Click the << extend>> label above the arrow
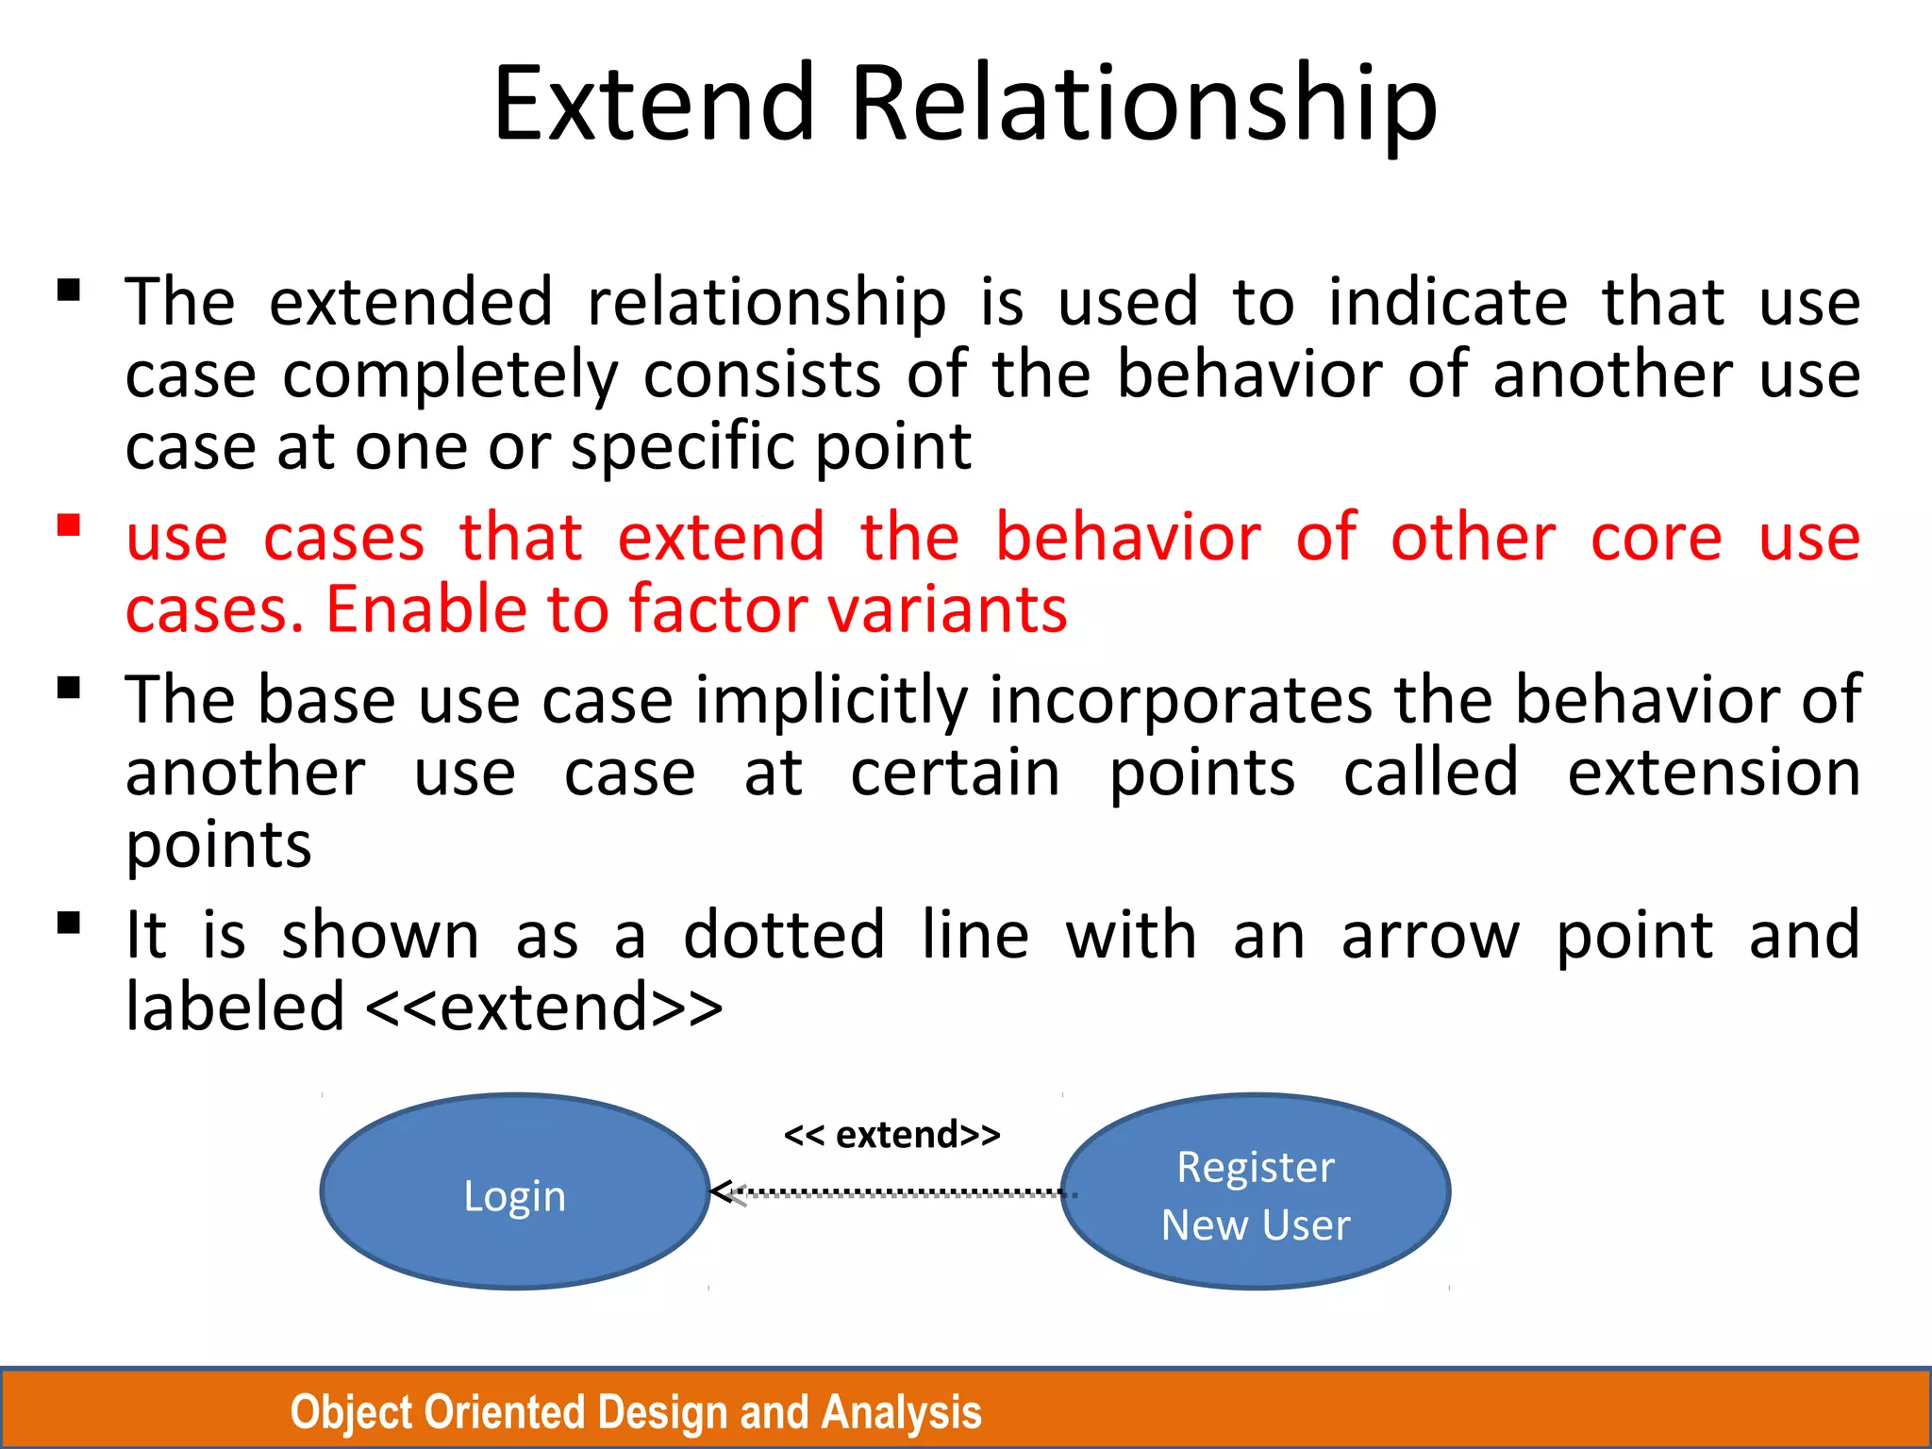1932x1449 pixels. [891, 1134]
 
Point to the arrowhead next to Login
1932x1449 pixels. [724, 1193]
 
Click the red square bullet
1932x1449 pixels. [68, 525]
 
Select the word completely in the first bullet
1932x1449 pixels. [451, 375]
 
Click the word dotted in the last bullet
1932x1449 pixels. [784, 936]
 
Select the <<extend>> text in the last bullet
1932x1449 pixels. [543, 1008]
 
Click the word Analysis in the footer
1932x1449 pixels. [901, 1412]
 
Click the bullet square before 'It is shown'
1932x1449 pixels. [68, 922]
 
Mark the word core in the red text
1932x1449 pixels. [1657, 538]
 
